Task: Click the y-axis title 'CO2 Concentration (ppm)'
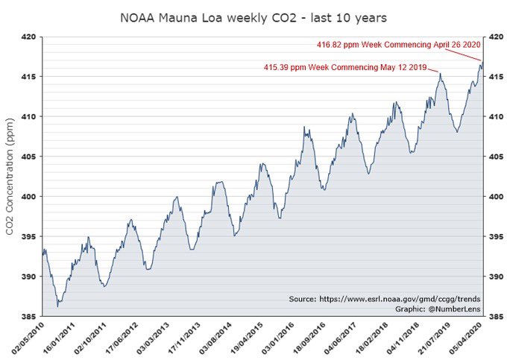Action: tap(10, 176)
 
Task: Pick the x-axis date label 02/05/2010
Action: tap(26, 339)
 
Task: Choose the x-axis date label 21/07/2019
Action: tap(423, 339)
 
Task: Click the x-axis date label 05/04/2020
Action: tap(467, 339)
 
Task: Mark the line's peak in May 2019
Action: tap(441, 73)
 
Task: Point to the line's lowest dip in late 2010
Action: tap(57, 306)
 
